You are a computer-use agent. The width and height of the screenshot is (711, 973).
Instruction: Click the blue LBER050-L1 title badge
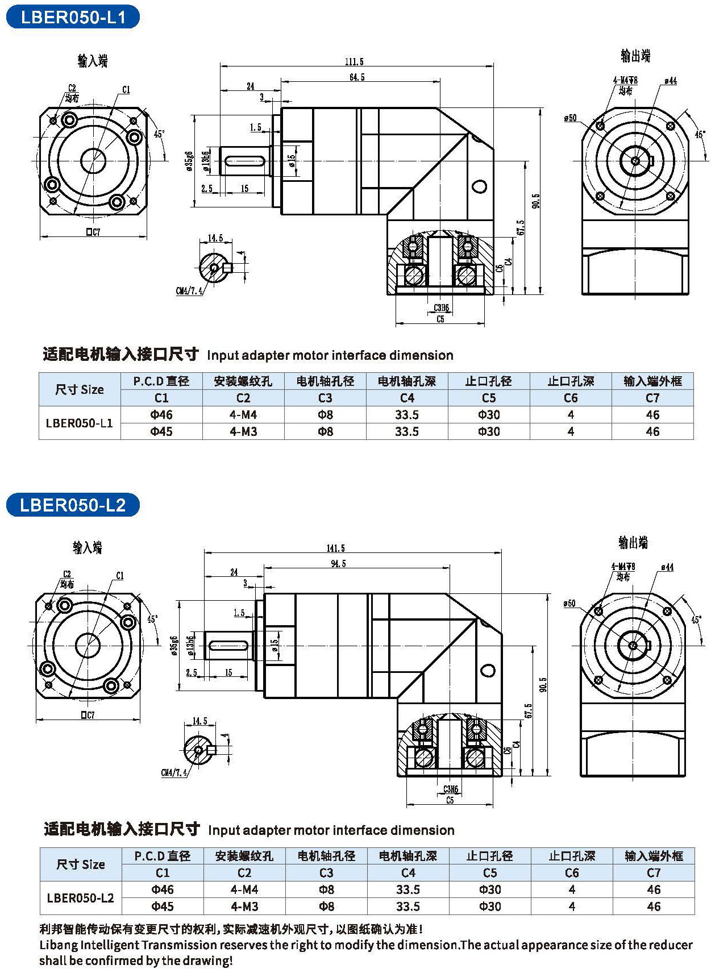[73, 17]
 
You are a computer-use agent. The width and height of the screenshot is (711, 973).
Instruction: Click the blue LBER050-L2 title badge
[73, 505]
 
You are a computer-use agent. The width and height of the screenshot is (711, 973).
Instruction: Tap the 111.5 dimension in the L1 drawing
[354, 61]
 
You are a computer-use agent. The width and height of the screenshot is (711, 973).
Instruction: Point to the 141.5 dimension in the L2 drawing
[336, 548]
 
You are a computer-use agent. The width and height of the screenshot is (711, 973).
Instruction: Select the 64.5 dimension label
[357, 77]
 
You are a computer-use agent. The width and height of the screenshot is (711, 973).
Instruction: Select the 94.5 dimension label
[338, 563]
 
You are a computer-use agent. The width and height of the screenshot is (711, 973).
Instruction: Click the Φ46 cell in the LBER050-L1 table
[161, 415]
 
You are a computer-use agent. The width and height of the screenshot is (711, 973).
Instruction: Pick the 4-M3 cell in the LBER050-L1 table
[243, 431]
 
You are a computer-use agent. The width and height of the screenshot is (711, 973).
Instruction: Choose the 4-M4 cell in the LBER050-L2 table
[244, 889]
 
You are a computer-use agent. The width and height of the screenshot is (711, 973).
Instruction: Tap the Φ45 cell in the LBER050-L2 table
[163, 906]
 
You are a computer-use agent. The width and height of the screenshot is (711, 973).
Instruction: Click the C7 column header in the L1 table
[652, 398]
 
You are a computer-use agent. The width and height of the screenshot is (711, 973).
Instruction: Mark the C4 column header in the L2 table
[408, 872]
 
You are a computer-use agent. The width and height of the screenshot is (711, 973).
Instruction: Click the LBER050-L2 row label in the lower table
[80, 898]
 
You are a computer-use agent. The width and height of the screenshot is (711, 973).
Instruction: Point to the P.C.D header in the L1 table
[161, 381]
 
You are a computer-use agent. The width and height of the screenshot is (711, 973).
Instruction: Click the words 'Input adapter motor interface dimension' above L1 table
[330, 355]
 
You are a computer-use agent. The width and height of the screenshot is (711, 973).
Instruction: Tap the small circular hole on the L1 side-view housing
[479, 186]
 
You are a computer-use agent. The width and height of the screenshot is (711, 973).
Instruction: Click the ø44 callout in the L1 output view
[670, 81]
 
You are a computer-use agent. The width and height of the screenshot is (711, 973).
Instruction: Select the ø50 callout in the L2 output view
[569, 604]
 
